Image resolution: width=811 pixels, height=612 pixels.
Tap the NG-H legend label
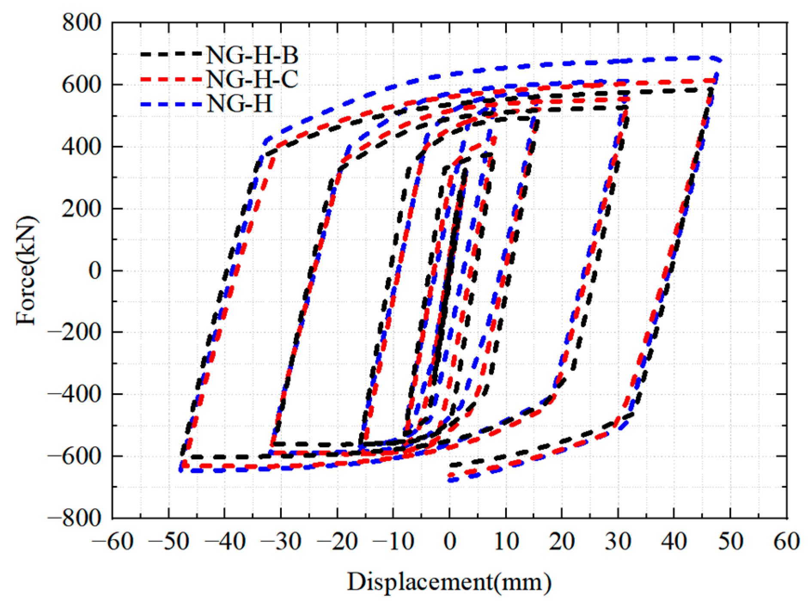point(240,104)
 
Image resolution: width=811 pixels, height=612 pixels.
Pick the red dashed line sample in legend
point(171,79)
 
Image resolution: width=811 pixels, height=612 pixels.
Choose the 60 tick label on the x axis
point(787,542)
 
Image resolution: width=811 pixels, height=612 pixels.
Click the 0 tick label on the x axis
point(449,542)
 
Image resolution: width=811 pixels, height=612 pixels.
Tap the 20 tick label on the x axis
point(562,542)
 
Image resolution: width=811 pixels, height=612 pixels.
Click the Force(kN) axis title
point(27,270)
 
